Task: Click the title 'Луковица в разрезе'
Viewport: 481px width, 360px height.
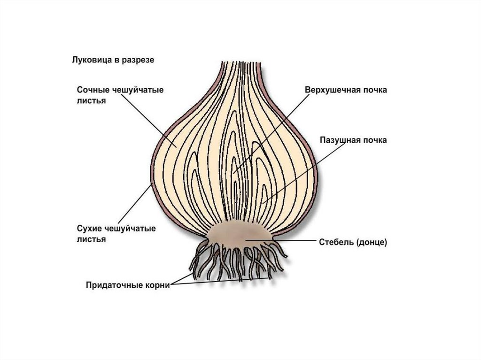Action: click(113, 61)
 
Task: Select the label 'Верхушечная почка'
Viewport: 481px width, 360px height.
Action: click(346, 90)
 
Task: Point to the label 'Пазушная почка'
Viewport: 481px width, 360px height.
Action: click(353, 140)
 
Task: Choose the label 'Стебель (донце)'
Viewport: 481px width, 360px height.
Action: click(353, 242)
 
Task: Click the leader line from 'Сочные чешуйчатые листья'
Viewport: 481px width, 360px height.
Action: click(150, 124)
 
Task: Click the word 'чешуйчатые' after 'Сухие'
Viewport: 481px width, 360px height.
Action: click(130, 229)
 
